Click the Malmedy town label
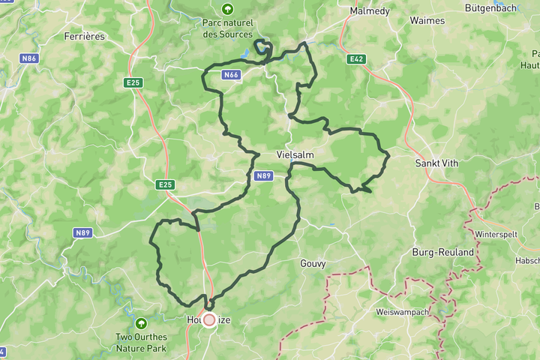point(368,11)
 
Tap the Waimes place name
point(427,21)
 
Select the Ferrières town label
point(83,35)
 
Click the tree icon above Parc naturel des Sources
point(227,9)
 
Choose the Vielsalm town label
point(295,154)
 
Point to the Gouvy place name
point(313,263)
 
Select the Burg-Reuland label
point(443,253)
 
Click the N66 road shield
point(231,75)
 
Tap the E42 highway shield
point(355,58)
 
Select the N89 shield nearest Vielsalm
point(262,176)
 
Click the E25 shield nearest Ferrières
point(133,82)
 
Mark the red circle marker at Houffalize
point(208,320)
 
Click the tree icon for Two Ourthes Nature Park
point(141,323)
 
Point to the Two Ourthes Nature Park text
point(141,342)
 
